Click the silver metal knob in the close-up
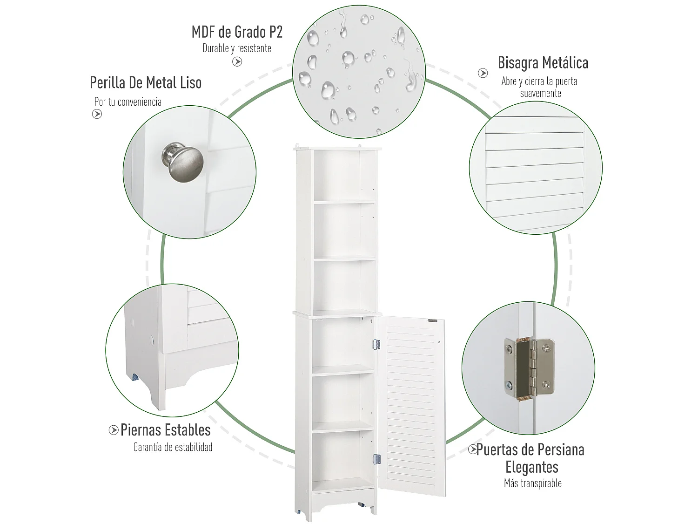click(183, 162)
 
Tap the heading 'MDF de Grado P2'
click(237, 32)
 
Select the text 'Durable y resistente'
click(237, 48)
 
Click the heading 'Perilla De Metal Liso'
click(146, 83)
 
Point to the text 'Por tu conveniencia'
click(128, 102)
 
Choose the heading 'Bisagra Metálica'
click(543, 63)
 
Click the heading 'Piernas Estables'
click(165, 430)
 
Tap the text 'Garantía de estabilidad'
click(173, 447)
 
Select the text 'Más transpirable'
click(533, 483)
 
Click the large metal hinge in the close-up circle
click(529, 367)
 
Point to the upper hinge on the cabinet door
click(376, 344)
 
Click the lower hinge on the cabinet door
click(376, 459)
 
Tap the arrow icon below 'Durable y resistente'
click(237, 61)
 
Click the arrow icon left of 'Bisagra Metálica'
click(483, 73)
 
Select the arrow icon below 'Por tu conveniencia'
click(97, 114)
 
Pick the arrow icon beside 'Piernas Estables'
click(114, 430)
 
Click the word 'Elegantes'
click(532, 467)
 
